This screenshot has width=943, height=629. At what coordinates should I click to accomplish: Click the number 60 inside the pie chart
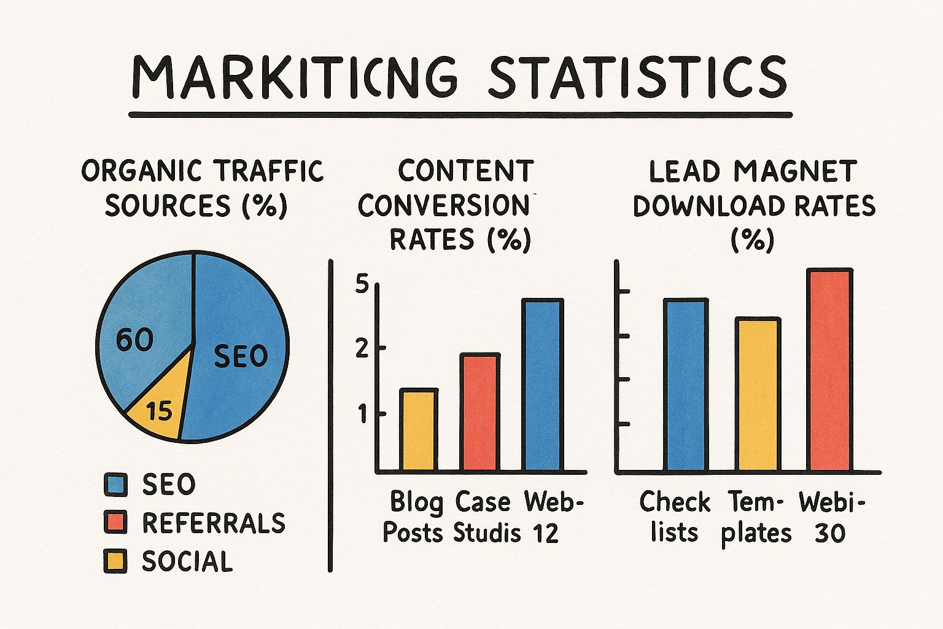(134, 340)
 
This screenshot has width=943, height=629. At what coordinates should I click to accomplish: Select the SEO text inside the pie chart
(241, 356)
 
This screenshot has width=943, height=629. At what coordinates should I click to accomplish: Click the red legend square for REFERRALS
(115, 523)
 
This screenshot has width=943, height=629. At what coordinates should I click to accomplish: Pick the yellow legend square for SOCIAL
(115, 561)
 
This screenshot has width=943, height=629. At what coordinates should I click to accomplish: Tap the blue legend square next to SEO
(115, 485)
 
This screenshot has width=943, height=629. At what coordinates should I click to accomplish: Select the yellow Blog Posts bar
(419, 430)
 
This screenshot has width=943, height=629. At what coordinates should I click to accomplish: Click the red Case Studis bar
(480, 412)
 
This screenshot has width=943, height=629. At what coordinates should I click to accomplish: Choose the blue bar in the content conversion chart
(542, 385)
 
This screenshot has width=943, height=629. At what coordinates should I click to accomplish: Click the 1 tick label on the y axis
(362, 415)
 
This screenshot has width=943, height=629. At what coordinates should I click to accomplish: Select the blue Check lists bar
(686, 385)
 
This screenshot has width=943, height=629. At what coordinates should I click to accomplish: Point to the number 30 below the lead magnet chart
(830, 533)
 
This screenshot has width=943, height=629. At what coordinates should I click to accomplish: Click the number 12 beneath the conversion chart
(545, 533)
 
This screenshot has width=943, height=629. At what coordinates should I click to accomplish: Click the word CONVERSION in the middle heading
(443, 206)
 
